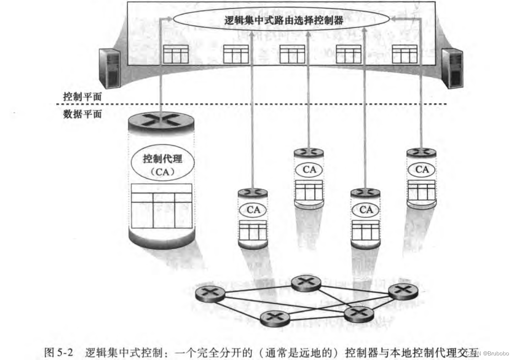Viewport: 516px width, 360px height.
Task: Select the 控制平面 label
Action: (x=82, y=97)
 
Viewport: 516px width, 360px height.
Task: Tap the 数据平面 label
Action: (x=82, y=114)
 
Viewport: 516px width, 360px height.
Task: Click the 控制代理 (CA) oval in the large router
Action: (x=162, y=165)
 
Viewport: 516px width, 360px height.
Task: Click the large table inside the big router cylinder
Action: (x=161, y=206)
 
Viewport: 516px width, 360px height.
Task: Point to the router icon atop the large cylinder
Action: (x=161, y=120)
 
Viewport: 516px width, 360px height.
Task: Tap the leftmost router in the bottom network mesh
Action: (x=210, y=293)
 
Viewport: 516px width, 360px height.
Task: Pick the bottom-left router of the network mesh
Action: (x=275, y=317)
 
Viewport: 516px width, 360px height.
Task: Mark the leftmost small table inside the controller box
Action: (x=176, y=54)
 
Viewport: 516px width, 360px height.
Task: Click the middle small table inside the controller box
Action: (x=292, y=54)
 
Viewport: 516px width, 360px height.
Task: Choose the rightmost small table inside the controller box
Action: (x=405, y=54)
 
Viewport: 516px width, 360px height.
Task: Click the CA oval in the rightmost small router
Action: (x=422, y=170)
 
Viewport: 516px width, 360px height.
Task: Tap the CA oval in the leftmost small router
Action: (x=253, y=210)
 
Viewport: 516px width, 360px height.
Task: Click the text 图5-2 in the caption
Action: (x=57, y=352)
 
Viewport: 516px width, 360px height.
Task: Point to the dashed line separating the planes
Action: (x=275, y=105)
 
